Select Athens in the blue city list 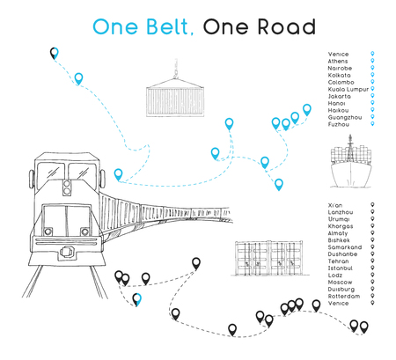tap(337, 62)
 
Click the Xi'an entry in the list tap(334, 205)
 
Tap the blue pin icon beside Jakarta tap(373, 97)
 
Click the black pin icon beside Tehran tap(373, 261)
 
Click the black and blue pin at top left tap(55, 54)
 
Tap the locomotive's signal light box tap(68, 186)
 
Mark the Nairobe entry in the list tap(339, 69)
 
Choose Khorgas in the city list tap(340, 226)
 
